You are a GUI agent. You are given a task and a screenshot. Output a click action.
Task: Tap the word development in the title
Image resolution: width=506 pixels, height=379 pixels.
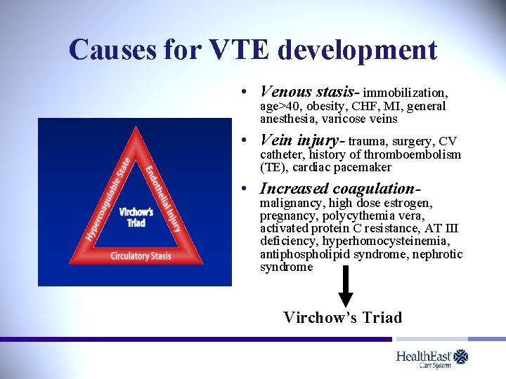[x=357, y=50]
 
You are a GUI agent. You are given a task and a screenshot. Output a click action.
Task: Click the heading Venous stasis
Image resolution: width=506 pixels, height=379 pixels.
[x=309, y=91]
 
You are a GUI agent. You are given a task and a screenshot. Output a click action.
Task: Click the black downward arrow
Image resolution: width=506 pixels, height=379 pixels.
[x=345, y=287]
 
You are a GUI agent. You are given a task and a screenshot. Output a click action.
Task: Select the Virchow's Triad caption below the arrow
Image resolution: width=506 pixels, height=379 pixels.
[x=343, y=317]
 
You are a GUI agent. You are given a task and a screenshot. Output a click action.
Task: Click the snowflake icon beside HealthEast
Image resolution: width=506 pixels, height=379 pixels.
[x=460, y=357]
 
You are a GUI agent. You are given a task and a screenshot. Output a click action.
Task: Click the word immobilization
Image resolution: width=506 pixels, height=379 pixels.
[x=405, y=93]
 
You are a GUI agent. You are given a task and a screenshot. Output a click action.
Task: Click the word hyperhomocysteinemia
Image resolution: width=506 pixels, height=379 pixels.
[x=386, y=241]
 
